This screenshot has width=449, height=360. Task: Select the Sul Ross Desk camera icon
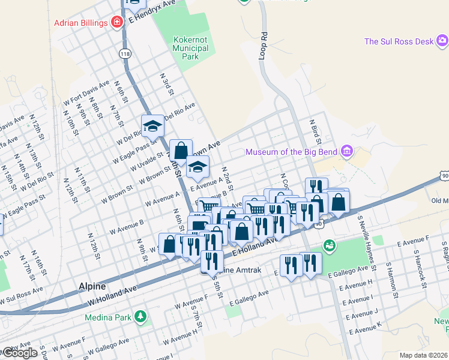[442, 41]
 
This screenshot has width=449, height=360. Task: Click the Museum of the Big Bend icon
[346, 152]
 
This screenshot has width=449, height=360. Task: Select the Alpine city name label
[92, 287]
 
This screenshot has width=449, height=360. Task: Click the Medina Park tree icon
[140, 316]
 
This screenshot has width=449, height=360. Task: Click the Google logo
[19, 353]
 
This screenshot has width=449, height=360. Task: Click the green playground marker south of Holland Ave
[329, 245]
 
